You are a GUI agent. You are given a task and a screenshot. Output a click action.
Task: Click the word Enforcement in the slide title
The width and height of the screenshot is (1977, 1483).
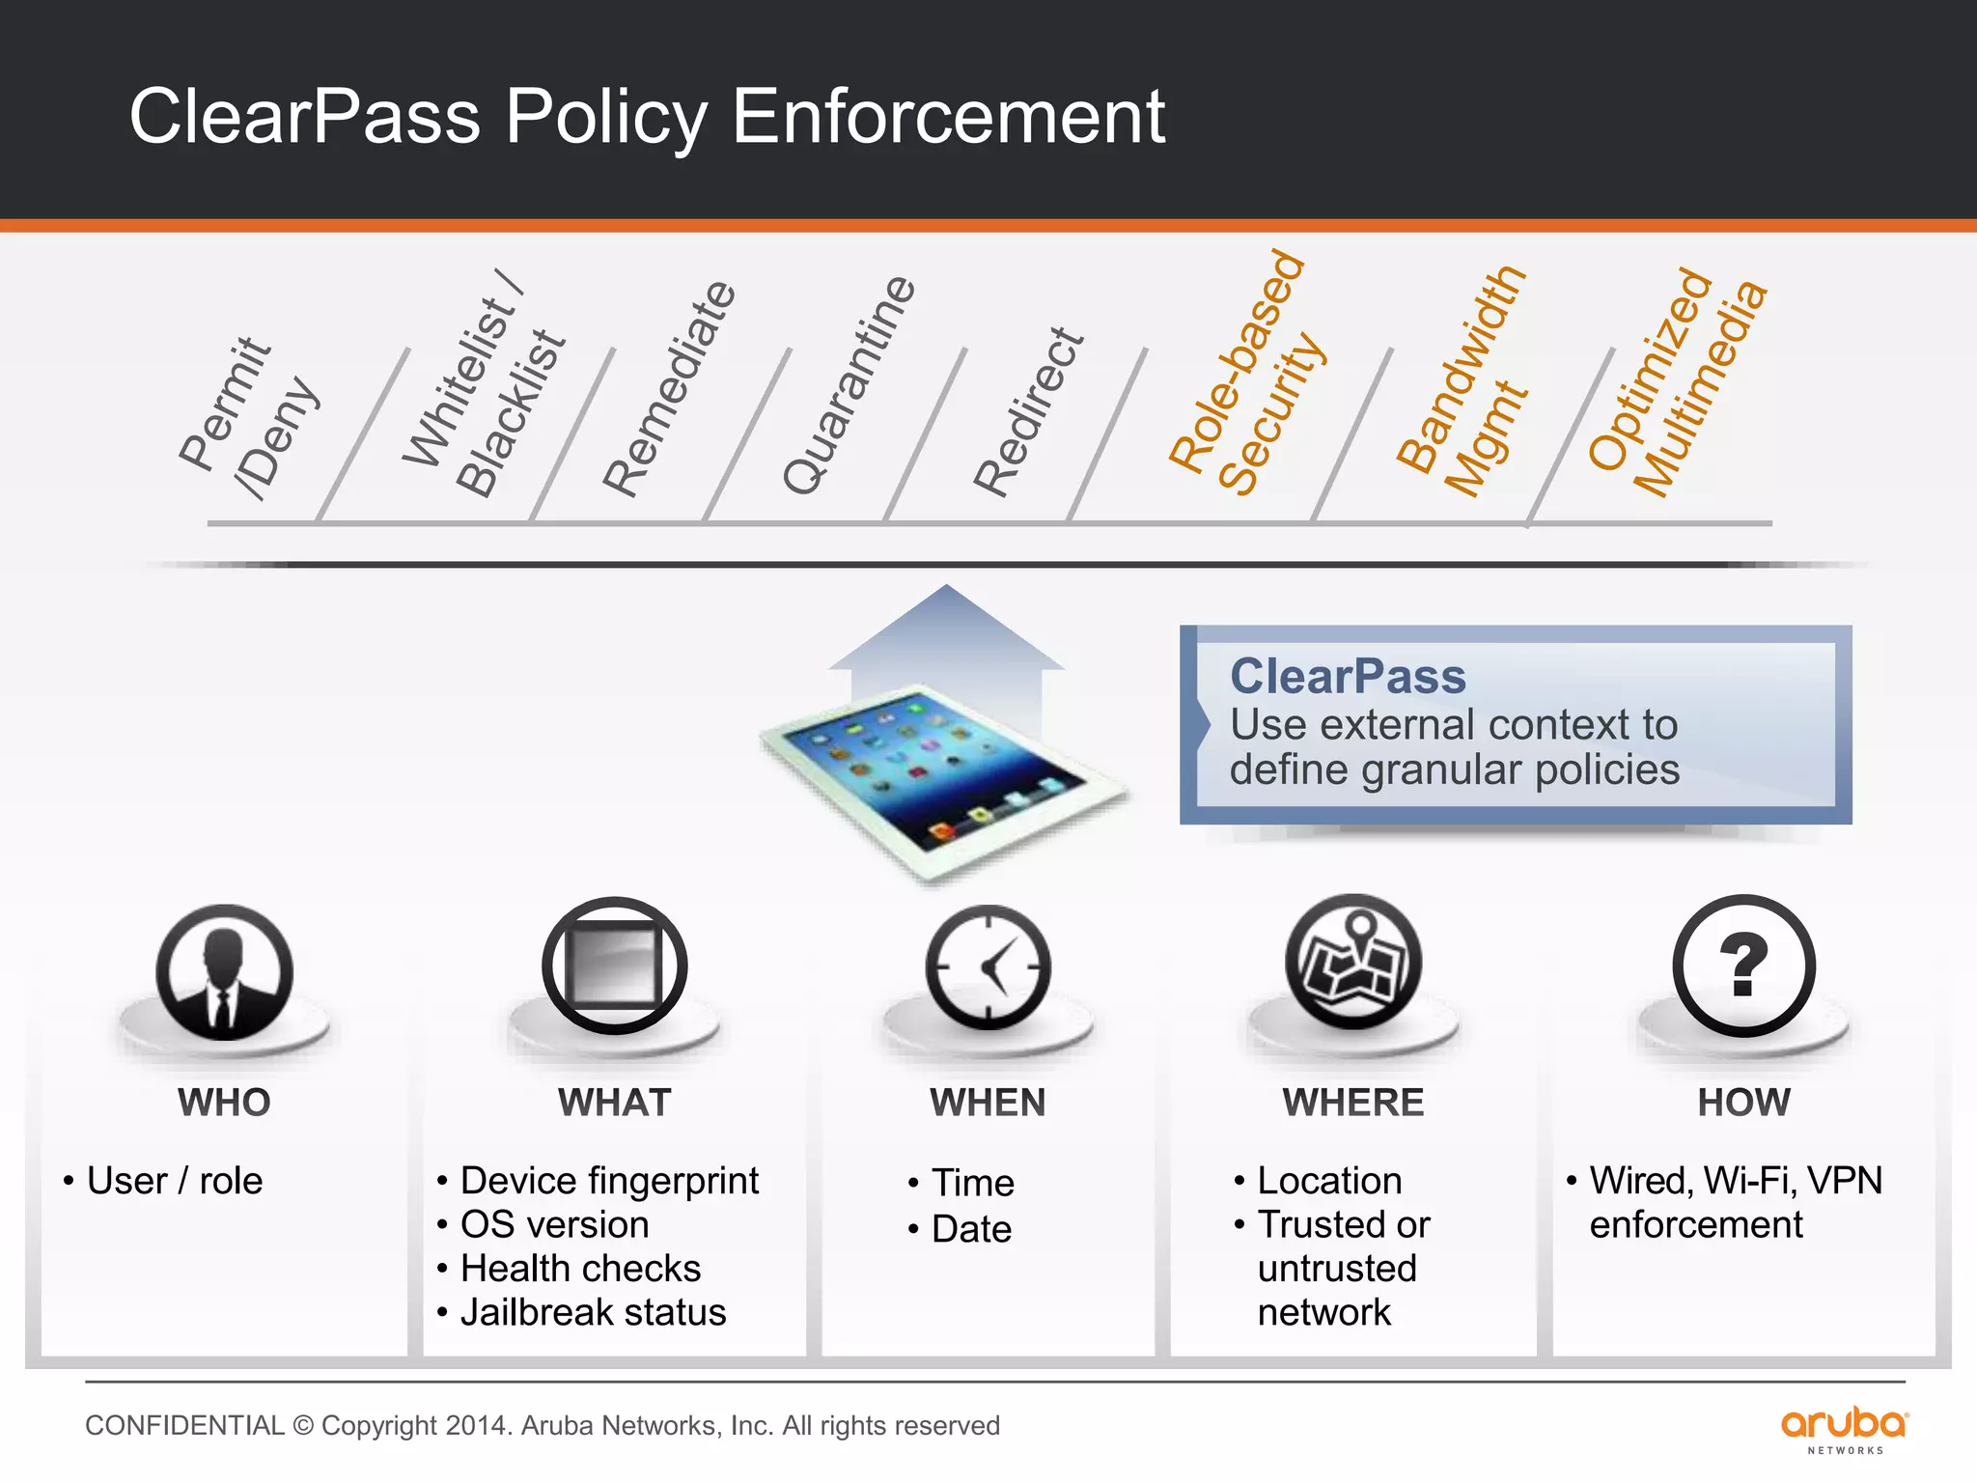coord(948,116)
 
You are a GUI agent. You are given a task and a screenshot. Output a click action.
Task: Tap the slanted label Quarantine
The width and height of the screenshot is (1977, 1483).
coord(849,384)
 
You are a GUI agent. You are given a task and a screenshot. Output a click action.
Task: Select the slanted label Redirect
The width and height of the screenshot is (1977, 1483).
coord(1028,412)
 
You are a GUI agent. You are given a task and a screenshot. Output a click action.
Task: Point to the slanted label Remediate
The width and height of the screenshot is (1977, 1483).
coord(669,388)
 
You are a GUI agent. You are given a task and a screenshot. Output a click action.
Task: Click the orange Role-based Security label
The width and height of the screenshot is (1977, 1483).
coord(1247,375)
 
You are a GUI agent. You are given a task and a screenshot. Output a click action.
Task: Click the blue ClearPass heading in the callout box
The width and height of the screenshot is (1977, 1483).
coord(1348,676)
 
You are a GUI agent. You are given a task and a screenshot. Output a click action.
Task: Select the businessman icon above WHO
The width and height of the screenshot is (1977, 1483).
coord(224,971)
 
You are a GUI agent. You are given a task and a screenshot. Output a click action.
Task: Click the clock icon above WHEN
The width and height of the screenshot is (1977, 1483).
coord(988,967)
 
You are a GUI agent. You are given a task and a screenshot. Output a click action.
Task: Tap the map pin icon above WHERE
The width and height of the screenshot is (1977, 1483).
coord(1353,962)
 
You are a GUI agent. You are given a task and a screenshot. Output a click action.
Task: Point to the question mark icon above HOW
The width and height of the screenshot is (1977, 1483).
coord(1743,965)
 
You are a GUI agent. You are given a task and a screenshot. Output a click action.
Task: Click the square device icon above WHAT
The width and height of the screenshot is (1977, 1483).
coord(614,965)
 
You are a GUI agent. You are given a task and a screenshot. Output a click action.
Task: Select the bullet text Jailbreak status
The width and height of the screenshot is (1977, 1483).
coord(593,1313)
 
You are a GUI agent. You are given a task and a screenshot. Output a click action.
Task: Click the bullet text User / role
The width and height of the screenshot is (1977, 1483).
coord(175,1181)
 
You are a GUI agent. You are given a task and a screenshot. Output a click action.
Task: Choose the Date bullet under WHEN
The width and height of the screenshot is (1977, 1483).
coord(971,1229)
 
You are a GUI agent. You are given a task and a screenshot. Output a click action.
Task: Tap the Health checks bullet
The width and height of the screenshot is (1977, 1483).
coord(580,1269)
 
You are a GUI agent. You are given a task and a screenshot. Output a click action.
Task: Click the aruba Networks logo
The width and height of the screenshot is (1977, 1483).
coord(1844,1428)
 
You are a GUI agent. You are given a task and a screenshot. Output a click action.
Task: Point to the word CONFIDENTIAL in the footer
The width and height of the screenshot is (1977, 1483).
coord(184,1426)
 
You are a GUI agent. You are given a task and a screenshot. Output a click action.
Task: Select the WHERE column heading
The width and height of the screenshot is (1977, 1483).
coord(1352,1103)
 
